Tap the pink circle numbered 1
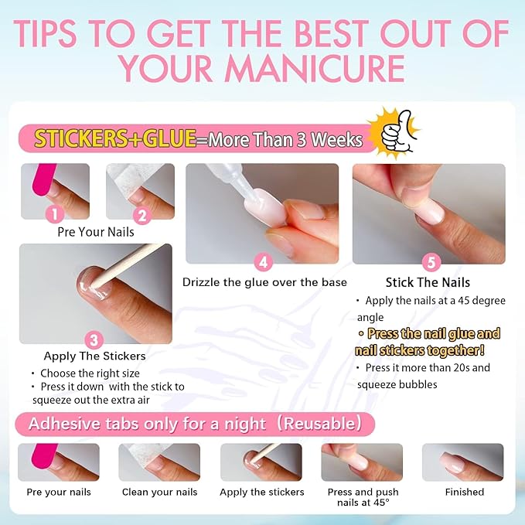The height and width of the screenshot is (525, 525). pyautogui.click(x=54, y=214)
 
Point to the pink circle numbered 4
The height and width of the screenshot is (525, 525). pyautogui.click(x=263, y=261)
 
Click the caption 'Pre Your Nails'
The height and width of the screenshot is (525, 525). pyautogui.click(x=96, y=232)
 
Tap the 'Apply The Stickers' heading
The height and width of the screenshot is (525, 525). pyautogui.click(x=94, y=356)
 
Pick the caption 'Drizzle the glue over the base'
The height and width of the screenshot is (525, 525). pyautogui.click(x=264, y=282)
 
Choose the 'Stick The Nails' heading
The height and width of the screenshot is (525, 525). pyautogui.click(x=428, y=282)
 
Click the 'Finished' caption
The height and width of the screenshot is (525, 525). pyautogui.click(x=464, y=492)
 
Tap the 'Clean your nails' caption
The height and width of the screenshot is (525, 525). pyautogui.click(x=159, y=492)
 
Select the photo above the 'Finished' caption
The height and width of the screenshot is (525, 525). pyautogui.click(x=462, y=462)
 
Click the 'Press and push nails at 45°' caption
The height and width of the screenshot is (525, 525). pyautogui.click(x=362, y=497)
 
